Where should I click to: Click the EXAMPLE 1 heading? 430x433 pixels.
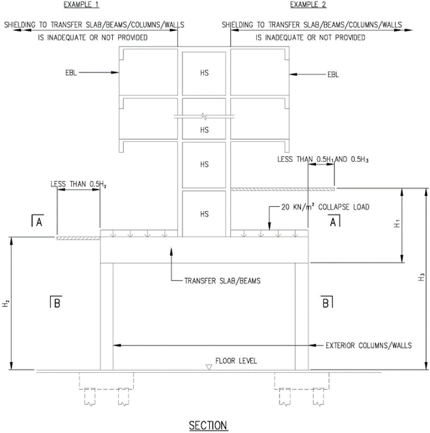pyautogui.click(x=81, y=5)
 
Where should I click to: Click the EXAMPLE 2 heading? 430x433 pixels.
pyautogui.click(x=308, y=5)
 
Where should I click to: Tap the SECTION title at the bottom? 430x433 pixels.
pyautogui.click(x=208, y=425)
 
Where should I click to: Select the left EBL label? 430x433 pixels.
pyautogui.click(x=71, y=72)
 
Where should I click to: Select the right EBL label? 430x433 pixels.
pyautogui.click(x=333, y=74)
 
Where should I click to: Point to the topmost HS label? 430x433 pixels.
pyautogui.click(x=204, y=73)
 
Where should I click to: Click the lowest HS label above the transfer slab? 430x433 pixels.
pyautogui.click(x=204, y=214)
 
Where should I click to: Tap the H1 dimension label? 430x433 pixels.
pyautogui.click(x=397, y=224)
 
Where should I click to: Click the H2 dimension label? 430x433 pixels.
pyautogui.click(x=6, y=303)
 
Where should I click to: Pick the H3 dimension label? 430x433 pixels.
pyautogui.click(x=421, y=277)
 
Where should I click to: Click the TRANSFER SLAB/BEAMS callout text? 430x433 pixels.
pyautogui.click(x=222, y=281)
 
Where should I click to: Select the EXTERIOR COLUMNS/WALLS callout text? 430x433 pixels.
pyautogui.click(x=368, y=346)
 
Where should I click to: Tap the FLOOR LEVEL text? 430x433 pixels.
pyautogui.click(x=236, y=361)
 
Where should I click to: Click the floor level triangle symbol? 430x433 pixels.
pyautogui.click(x=209, y=367)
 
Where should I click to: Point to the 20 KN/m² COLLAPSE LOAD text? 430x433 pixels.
pyautogui.click(x=325, y=207)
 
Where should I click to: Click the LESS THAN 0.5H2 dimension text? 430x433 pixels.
pyautogui.click(x=79, y=184)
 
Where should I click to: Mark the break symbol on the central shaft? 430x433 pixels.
pyautogui.click(x=204, y=117)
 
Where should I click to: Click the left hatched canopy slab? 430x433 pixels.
pyautogui.click(x=79, y=238)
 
